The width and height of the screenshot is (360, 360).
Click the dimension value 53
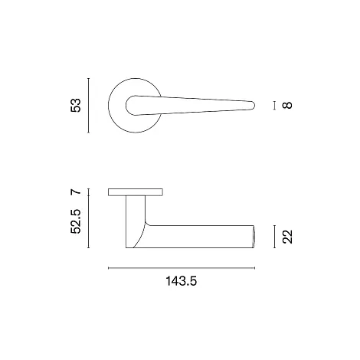pyautogui.click(x=76, y=105)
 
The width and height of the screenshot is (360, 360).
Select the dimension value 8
pyautogui.click(x=287, y=105)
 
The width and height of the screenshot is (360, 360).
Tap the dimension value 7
pyautogui.click(x=76, y=192)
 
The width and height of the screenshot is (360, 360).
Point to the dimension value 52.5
pyautogui.click(x=76, y=221)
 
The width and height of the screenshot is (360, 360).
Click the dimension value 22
pyautogui.click(x=287, y=237)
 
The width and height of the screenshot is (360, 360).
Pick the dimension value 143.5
pyautogui.click(x=182, y=281)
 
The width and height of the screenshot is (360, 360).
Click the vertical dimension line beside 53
pyautogui.click(x=88, y=106)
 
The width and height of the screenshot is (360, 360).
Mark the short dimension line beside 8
pyautogui.click(x=274, y=106)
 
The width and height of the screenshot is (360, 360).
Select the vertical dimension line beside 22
pyautogui.click(x=274, y=237)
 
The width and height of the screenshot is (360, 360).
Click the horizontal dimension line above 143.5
pyautogui.click(x=182, y=268)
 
